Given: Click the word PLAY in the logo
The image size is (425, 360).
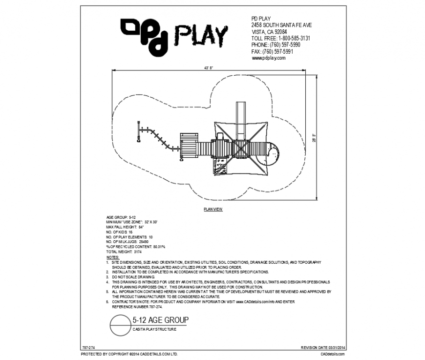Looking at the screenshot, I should pos(201,35).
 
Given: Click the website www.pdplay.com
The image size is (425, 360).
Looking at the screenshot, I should pos(269,58).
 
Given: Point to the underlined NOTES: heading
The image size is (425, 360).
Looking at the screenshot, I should pos(112,256).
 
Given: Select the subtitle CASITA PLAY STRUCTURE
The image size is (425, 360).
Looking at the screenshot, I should pos(154,330).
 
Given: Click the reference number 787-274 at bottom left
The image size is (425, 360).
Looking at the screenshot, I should pos(88,347).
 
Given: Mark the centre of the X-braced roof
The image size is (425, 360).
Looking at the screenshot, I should pos(241,148).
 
